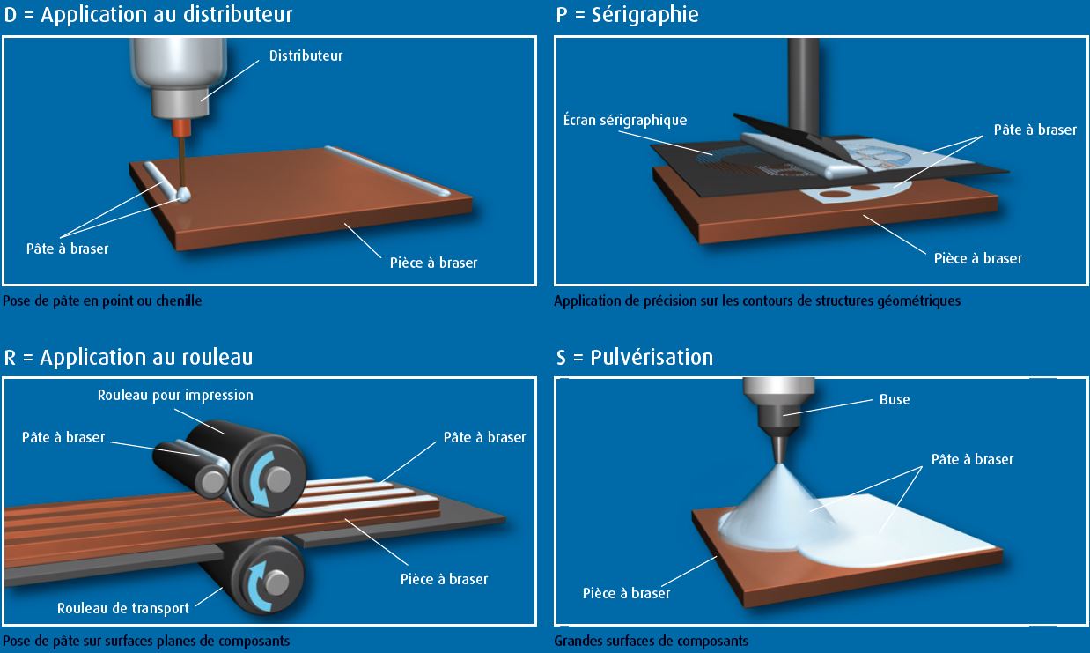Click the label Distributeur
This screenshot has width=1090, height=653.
306,56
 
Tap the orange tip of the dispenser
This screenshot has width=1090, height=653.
181,128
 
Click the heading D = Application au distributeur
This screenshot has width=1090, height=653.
148,15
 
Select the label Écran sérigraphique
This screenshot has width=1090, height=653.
625,120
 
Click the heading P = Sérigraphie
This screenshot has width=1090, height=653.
627,15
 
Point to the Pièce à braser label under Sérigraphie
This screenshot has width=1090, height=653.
977,258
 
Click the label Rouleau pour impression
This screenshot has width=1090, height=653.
175,395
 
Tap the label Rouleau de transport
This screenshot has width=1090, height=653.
123,608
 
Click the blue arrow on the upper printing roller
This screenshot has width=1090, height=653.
261,479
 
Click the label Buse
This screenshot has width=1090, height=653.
895,399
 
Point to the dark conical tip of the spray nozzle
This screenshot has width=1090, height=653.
779,449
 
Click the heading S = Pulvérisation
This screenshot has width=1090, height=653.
635,358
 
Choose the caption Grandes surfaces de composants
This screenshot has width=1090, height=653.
651,641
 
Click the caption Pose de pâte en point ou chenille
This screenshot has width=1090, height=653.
102,301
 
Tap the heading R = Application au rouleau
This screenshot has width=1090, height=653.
129,358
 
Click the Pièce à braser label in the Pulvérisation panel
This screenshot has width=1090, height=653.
626,593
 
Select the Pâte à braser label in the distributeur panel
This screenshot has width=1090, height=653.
67,249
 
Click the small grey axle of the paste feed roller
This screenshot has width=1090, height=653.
213,482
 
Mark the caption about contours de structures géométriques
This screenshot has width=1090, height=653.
757,301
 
